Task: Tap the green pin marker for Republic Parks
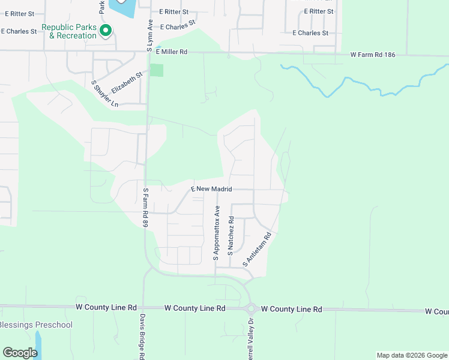(x=106, y=31)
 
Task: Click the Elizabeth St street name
(x=127, y=82)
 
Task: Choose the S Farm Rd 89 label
(x=145, y=208)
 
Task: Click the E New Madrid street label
(x=211, y=189)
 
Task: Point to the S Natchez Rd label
(x=231, y=238)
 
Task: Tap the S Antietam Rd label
(x=258, y=250)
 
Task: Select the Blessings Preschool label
(x=36, y=325)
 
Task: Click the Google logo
(x=20, y=353)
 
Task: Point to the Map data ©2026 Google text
(x=411, y=355)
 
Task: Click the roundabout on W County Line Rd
(x=250, y=309)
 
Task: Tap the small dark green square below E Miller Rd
(x=156, y=70)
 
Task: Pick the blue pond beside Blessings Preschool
(x=39, y=343)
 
